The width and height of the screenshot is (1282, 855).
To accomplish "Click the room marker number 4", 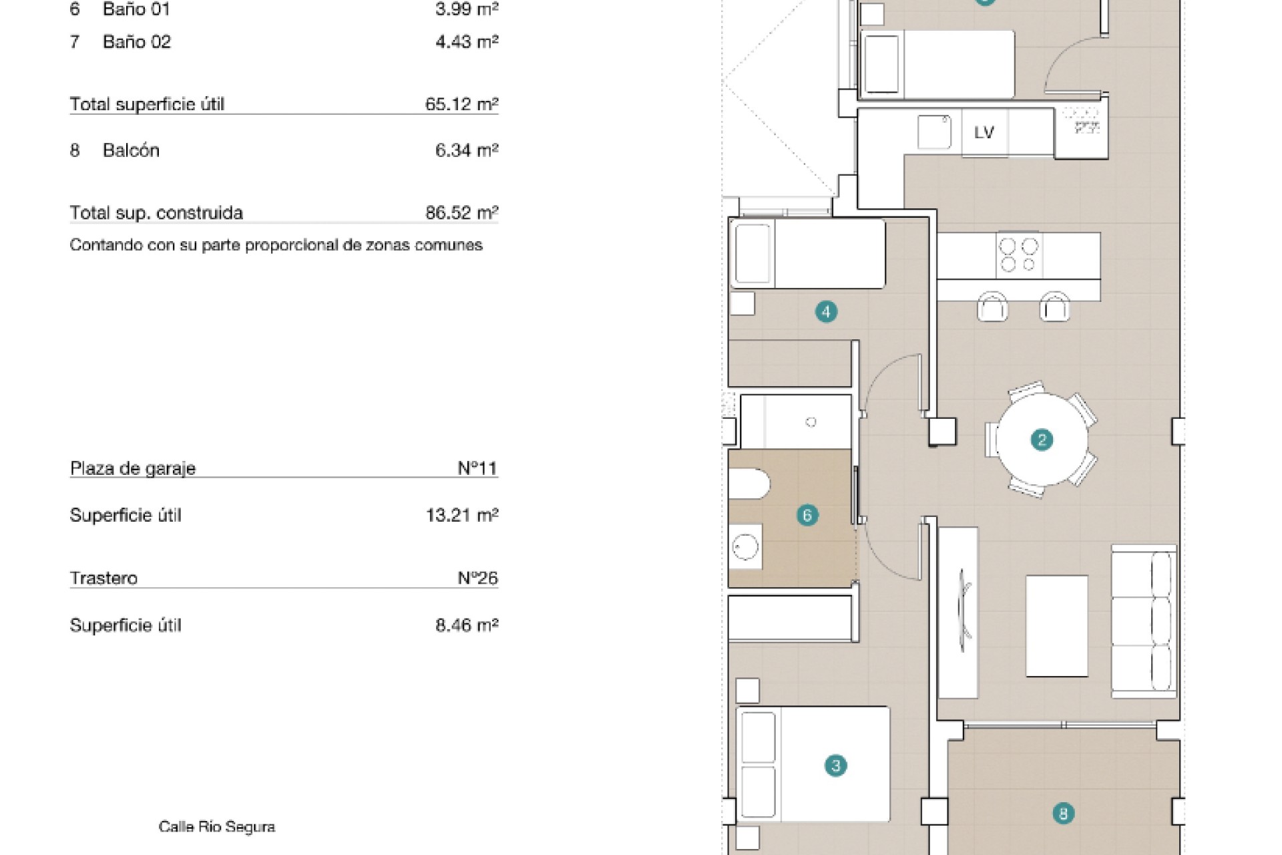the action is coord(826,311).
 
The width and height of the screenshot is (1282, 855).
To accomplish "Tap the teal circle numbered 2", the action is coord(1042,440).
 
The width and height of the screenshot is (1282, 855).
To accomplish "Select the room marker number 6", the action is coord(807,515).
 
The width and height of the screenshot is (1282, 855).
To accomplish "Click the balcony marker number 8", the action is coord(1063,814).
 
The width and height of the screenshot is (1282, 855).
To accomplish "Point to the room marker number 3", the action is coord(835,765).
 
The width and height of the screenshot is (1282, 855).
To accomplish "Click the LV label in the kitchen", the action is coord(984,132).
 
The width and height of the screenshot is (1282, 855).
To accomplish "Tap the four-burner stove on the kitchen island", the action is coord(1019,254).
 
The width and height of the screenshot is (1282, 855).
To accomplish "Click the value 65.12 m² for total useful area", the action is coord(462,104).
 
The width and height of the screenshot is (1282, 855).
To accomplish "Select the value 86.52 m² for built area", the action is coord(462,212).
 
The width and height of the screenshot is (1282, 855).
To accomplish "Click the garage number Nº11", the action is coord(477,468).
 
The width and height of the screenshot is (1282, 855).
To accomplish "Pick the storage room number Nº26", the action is coord(477,578).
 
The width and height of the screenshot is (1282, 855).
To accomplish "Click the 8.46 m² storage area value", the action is coord(467,625).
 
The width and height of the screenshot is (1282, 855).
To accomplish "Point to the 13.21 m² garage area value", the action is coord(462,515).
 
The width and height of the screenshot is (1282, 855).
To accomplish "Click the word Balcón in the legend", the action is coord(131,150).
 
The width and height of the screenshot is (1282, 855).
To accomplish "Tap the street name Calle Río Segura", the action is coord(217,827).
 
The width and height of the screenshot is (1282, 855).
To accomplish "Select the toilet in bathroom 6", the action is coord(749,484).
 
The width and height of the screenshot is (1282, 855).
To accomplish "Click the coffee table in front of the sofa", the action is coord(1056,626).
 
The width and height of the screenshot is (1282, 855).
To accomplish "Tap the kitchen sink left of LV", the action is coord(934,132).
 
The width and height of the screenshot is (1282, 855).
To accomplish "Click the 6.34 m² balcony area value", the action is coord(467,150).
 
